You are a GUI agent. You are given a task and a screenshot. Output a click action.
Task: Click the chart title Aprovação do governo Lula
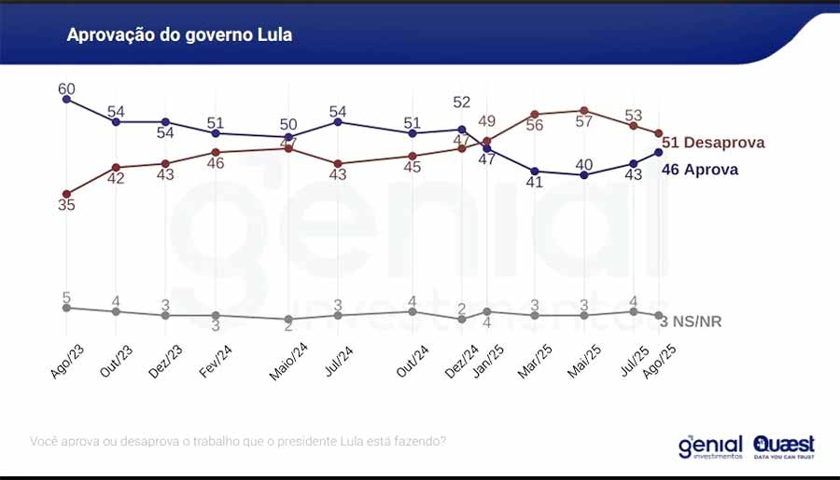(x=179, y=35)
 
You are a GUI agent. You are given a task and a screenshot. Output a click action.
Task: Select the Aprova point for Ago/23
(x=66, y=99)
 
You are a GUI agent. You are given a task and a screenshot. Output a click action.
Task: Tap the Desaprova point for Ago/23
(x=66, y=194)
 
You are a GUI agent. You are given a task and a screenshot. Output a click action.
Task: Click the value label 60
(x=66, y=89)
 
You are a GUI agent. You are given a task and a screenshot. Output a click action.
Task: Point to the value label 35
(x=66, y=205)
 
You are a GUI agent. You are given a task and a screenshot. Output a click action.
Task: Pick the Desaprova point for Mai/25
(x=584, y=110)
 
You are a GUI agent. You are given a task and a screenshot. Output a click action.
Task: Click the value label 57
(x=584, y=122)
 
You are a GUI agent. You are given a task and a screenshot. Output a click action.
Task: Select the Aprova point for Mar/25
(x=535, y=171)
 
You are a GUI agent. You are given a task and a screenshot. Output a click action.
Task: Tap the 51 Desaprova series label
(x=713, y=143)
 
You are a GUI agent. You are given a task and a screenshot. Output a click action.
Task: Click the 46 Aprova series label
(x=699, y=170)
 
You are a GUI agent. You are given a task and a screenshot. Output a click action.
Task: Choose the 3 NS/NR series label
(x=691, y=322)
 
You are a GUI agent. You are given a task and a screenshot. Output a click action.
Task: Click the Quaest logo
(x=784, y=446)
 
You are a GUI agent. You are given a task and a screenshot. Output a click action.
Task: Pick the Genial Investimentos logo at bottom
(x=710, y=446)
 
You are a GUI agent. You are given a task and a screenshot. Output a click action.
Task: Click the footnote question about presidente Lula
(x=238, y=440)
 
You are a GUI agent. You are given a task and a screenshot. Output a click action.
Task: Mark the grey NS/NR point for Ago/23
(x=66, y=308)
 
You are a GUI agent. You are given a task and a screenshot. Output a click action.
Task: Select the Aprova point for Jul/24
(x=338, y=122)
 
